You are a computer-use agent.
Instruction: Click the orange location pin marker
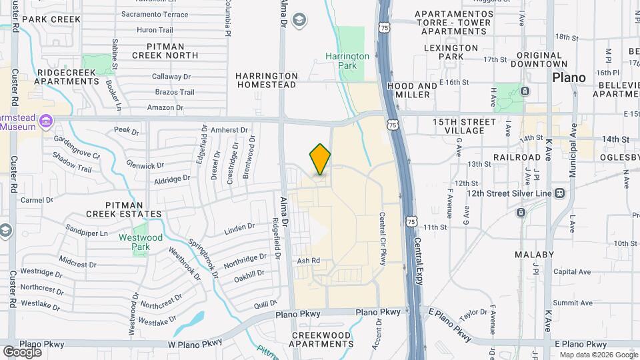(320, 159)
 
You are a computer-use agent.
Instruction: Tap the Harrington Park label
(347, 61)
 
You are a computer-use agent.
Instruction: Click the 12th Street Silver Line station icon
(559, 193)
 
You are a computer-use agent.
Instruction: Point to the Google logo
(22, 352)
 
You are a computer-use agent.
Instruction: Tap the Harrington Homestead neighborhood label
(267, 81)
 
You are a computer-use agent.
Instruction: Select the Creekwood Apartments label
(321, 339)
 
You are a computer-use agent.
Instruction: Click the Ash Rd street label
(309, 261)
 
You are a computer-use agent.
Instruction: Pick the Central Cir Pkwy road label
(383, 239)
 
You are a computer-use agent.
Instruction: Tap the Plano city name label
(569, 77)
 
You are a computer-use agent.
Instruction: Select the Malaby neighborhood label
(534, 255)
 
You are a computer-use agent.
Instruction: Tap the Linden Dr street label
(240, 227)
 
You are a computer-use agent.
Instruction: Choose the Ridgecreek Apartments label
(68, 77)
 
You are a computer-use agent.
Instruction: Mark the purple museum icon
(46, 121)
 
